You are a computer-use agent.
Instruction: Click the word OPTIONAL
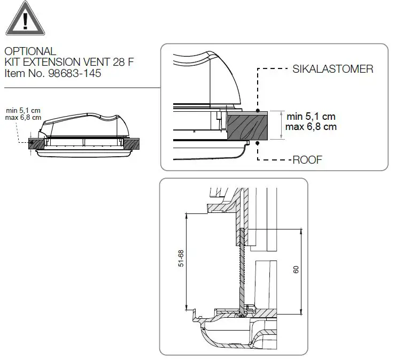[30, 51]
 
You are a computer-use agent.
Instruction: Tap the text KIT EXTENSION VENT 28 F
[69, 62]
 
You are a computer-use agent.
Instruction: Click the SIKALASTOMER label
[332, 69]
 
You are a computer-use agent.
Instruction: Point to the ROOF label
[307, 159]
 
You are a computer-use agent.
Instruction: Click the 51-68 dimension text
[181, 258]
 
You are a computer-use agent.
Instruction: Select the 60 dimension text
[296, 270]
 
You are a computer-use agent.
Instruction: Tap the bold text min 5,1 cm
[312, 116]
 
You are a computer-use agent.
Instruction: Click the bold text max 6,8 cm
[312, 127]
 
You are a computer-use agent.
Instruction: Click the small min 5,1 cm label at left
[22, 111]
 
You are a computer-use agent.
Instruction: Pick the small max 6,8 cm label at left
[22, 117]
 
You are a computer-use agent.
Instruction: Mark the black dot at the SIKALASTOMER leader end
[258, 111]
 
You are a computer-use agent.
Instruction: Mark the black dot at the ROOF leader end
[258, 143]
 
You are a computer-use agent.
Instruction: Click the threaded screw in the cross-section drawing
[242, 267]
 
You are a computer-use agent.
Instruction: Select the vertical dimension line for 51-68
[187, 262]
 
